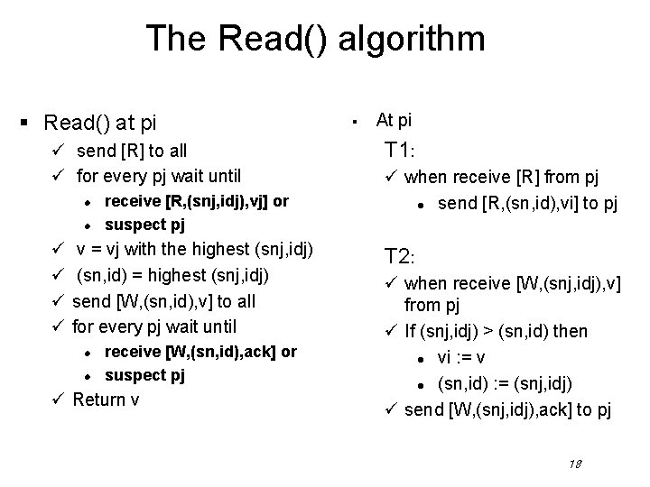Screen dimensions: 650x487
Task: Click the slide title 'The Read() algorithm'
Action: pyautogui.click(x=315, y=39)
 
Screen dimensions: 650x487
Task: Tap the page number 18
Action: pyautogui.click(x=574, y=464)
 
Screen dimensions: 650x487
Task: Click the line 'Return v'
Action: pyautogui.click(x=106, y=399)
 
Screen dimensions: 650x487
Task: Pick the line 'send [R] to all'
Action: pyautogui.click(x=132, y=152)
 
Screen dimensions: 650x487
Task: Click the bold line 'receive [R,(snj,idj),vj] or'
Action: pyautogui.click(x=196, y=201)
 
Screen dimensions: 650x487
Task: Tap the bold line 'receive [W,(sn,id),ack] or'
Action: pyautogui.click(x=200, y=351)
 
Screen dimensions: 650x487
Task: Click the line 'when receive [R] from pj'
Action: pyautogui.click(x=500, y=179)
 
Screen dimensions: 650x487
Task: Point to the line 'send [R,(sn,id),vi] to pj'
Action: pyautogui.click(x=527, y=204)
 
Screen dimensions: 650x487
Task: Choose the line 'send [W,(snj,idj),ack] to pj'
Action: pyautogui.click(x=508, y=410)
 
